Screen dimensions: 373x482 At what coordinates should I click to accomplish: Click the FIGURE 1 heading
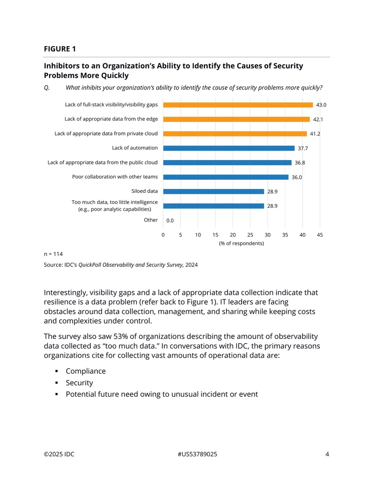point(60,49)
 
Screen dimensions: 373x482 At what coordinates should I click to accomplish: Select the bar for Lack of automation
point(228,148)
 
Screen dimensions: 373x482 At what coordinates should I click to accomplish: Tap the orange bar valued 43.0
point(238,105)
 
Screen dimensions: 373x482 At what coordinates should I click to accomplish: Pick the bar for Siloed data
point(214,191)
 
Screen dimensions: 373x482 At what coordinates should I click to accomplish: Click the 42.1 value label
point(318,119)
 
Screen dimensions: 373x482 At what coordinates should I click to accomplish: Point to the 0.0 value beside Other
point(170,220)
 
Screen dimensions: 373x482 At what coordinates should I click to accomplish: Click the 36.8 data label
point(300,163)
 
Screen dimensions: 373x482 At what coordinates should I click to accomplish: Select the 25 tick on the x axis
point(250,235)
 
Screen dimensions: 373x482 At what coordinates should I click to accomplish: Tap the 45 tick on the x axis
point(320,235)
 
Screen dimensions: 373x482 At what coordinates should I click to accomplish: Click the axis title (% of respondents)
point(241,243)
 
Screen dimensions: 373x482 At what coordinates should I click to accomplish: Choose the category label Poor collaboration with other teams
point(115,177)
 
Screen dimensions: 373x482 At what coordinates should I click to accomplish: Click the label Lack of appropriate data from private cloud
point(106,133)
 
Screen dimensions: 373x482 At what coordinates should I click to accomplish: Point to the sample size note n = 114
point(53,254)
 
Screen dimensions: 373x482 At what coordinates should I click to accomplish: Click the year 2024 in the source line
point(192,265)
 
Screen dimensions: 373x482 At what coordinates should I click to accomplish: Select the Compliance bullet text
point(85,371)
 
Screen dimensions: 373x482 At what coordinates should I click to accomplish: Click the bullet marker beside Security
point(56,383)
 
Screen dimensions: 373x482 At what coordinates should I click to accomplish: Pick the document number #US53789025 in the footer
point(197,454)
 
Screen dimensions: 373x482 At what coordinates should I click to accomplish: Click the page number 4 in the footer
point(327,454)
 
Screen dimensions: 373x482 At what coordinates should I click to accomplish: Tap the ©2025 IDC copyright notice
point(59,454)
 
